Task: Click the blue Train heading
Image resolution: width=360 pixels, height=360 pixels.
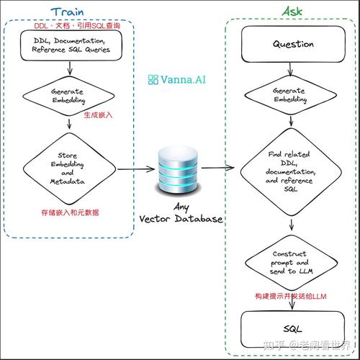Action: pos(68,12)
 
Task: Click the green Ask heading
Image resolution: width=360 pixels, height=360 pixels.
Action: pos(292,12)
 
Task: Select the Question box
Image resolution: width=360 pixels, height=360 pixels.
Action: pos(293,44)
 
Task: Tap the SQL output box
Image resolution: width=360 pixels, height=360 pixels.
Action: pos(292,329)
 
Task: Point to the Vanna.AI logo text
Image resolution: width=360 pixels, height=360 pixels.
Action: pos(177,79)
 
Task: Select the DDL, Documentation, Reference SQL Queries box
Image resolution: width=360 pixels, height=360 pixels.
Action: pos(71,45)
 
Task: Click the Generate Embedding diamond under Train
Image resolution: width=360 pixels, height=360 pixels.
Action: pos(68,96)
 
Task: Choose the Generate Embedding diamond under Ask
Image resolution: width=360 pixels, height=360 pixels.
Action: pos(291,95)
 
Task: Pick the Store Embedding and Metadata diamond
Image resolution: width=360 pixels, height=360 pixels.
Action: pos(69,168)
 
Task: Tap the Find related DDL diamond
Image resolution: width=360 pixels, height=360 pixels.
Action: pos(291,172)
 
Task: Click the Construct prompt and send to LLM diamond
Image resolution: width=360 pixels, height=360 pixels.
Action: pos(291,263)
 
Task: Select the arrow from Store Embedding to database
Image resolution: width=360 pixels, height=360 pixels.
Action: pos(136,169)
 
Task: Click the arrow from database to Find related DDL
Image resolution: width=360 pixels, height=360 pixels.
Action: pos(217,168)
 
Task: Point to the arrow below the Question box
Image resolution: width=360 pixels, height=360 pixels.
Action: pos(290,69)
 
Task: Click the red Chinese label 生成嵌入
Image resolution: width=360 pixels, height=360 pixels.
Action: pos(98,115)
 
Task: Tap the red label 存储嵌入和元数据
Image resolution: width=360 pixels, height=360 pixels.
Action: pos(70,212)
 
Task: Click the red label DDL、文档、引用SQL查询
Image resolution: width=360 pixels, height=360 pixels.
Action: pos(77,26)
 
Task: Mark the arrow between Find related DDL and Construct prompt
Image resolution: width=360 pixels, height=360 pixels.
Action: pos(292,224)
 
